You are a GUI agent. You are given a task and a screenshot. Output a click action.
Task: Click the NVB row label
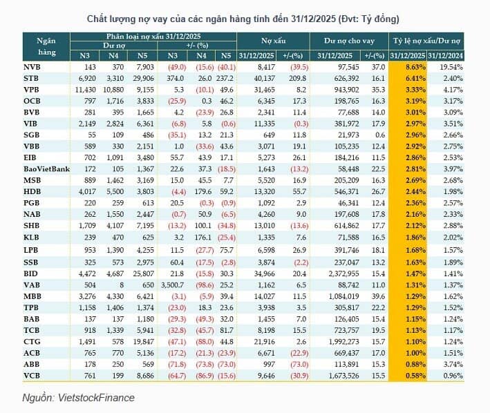pyautogui.click(x=32, y=67)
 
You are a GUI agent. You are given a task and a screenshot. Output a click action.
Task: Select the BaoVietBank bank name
pyautogui.click(x=46, y=169)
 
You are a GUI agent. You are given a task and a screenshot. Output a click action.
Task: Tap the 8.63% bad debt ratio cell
pyautogui.click(x=415, y=67)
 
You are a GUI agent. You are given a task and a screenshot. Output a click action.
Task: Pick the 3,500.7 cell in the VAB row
pyautogui.click(x=173, y=285)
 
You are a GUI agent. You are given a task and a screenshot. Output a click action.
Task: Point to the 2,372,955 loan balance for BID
pyautogui.click(x=343, y=273)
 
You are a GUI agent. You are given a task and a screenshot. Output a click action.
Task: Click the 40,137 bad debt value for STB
pyautogui.click(x=265, y=78)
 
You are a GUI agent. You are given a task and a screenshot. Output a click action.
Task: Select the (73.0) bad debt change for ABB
pyautogui.click(x=299, y=364)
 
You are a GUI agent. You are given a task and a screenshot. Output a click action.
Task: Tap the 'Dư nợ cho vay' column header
pyautogui.click(x=349, y=41)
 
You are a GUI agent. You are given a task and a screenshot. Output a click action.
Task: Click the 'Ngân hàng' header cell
pyautogui.click(x=46, y=46)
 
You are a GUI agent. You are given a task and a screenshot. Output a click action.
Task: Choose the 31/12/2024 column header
pyautogui.click(x=445, y=56)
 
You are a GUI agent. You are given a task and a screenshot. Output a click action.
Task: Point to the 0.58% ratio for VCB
pyautogui.click(x=415, y=376)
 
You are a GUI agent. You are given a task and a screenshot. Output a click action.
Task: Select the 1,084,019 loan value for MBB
pyautogui.click(x=343, y=296)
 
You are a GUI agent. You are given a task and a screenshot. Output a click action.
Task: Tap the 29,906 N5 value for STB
pyautogui.click(x=144, y=78)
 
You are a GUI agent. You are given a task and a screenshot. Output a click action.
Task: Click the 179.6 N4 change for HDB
pyautogui.click(x=203, y=191)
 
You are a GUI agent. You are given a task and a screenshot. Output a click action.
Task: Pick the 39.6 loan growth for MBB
pyautogui.click(x=378, y=296)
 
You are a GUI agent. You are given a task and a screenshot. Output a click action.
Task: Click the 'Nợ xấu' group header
pyautogui.click(x=274, y=41)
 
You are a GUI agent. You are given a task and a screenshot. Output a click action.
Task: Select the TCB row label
pyautogui.click(x=32, y=330)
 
